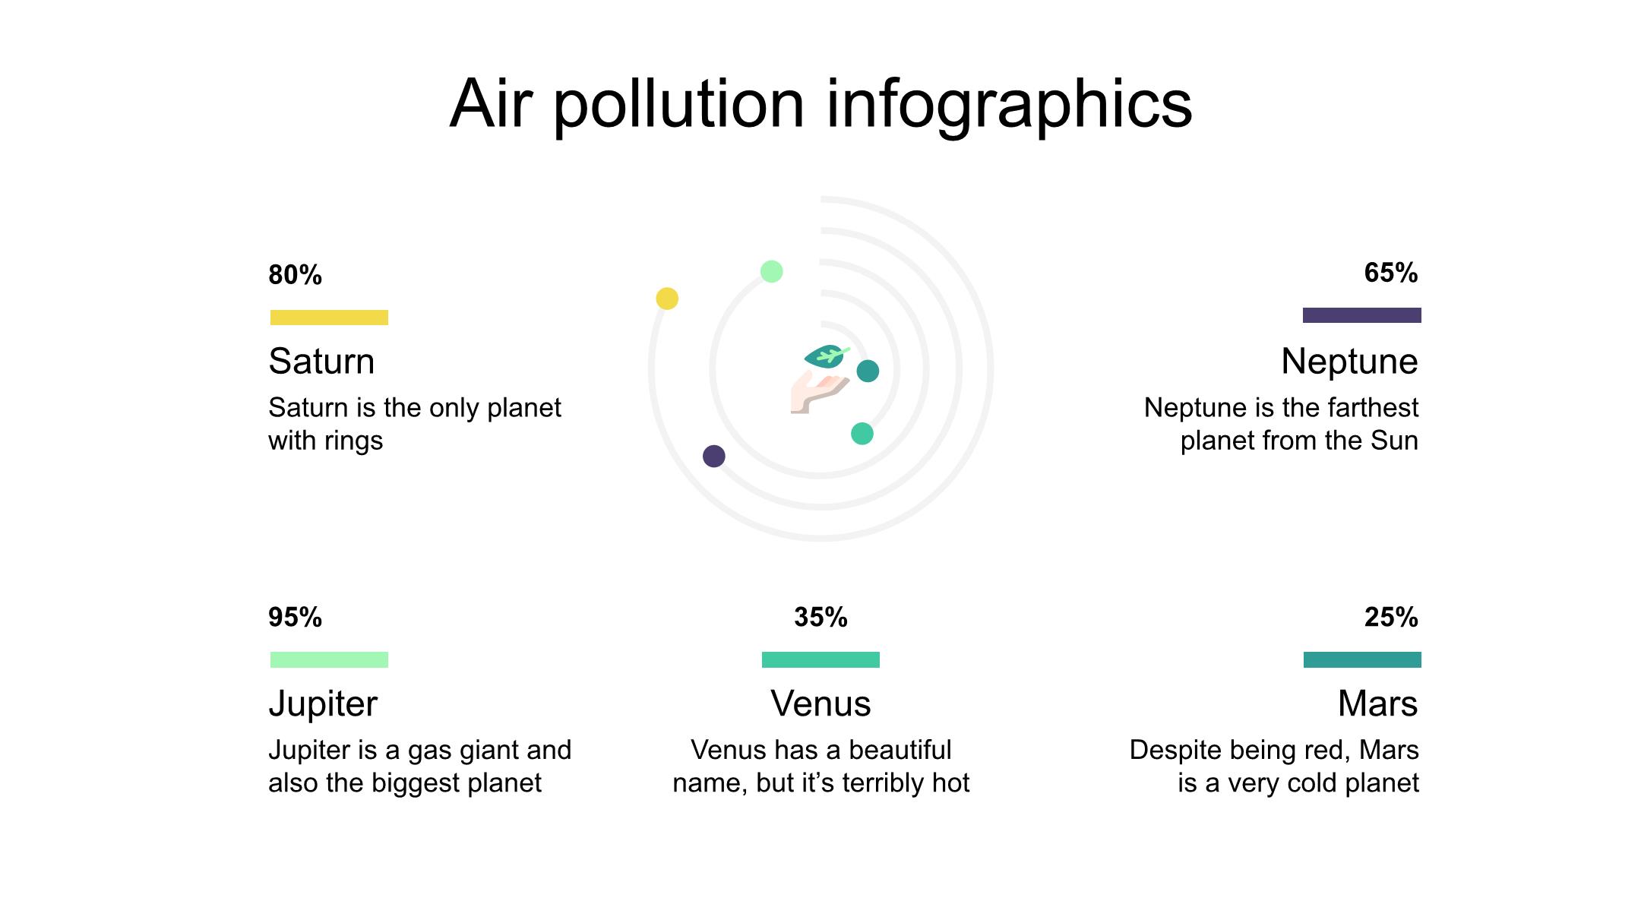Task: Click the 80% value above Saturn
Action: (295, 275)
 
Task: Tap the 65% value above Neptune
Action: (1391, 273)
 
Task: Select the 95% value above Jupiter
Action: (295, 618)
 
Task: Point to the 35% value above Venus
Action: (820, 618)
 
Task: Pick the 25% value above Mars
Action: (1391, 618)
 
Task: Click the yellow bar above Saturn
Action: (329, 318)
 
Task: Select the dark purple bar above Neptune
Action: (1362, 315)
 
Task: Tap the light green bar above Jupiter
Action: (329, 659)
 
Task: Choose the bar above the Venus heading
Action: (820, 659)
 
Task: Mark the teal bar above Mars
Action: (1362, 659)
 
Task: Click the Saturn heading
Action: (321, 362)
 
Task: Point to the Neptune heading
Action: (1349, 362)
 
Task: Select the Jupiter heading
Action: (323, 704)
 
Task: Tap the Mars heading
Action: (1377, 703)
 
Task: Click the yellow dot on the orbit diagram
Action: (667, 299)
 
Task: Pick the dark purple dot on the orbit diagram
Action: (714, 456)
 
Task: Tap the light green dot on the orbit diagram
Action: (771, 271)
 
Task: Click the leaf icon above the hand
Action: (827, 356)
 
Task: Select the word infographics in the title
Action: (1009, 105)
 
